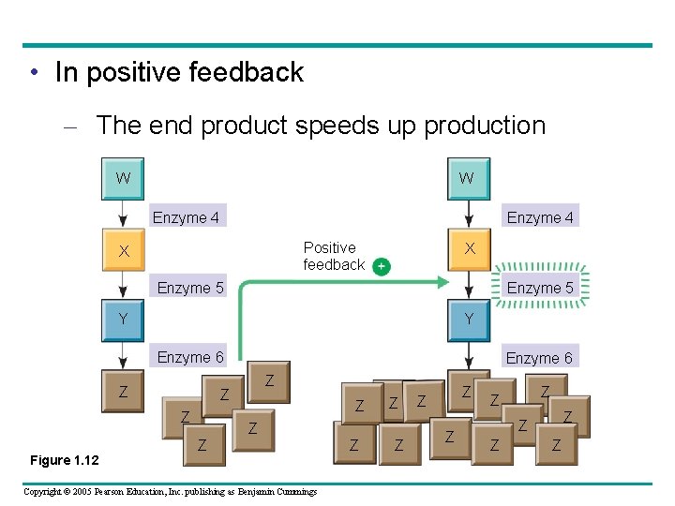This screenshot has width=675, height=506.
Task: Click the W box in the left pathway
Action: click(123, 178)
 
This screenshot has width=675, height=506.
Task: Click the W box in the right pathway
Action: click(466, 178)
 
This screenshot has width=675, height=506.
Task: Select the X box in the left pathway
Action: click(123, 251)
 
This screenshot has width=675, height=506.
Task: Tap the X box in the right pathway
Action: click(469, 249)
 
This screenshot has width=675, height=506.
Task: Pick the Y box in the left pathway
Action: click(123, 320)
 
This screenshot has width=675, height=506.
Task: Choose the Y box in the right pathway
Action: click(469, 320)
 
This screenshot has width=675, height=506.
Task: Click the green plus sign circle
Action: click(382, 266)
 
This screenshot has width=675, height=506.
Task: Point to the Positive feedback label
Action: click(333, 256)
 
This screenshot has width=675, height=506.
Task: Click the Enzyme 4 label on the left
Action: click(186, 217)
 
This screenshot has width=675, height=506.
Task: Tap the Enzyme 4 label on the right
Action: click(540, 217)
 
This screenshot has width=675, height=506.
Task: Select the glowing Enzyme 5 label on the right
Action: click(540, 288)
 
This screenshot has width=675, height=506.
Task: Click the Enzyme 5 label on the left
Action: click(190, 288)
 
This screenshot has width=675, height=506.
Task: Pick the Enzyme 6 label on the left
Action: click(190, 357)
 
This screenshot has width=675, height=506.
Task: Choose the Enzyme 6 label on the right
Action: click(539, 358)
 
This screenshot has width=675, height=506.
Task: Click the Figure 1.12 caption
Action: click(64, 459)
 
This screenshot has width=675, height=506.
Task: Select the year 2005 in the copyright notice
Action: click(85, 491)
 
